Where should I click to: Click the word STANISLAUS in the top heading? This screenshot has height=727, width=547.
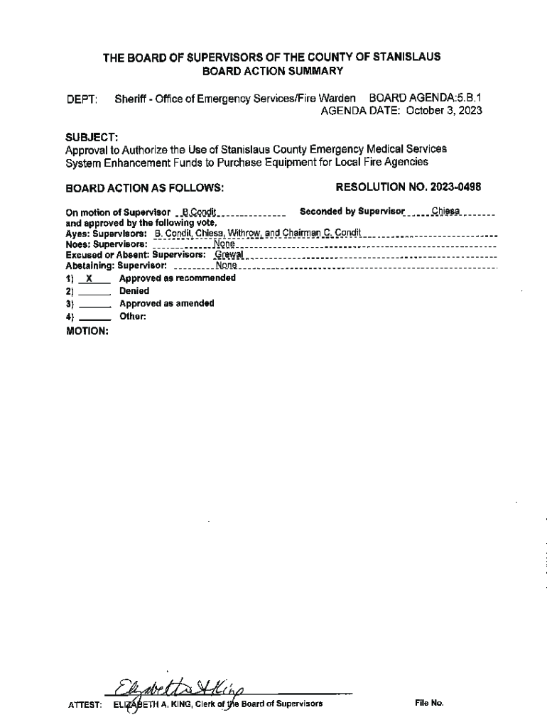[x=408, y=57]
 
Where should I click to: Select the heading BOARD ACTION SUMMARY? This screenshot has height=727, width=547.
[x=273, y=71]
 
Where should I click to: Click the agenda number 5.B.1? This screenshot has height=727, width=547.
[x=468, y=97]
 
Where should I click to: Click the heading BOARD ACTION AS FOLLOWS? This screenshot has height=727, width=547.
[x=145, y=188]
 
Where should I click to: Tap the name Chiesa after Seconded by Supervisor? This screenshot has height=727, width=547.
[x=446, y=211]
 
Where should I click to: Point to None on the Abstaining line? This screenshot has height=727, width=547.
[x=226, y=265]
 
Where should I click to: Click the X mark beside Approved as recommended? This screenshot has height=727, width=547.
[x=87, y=278]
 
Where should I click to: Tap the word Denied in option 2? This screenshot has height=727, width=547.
[x=134, y=291]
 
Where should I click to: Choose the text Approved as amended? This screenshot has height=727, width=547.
[x=166, y=303]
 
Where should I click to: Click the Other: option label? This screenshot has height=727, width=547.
[x=133, y=316]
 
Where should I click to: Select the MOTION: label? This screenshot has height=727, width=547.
[x=87, y=331]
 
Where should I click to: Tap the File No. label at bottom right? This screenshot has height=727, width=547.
[x=429, y=703]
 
